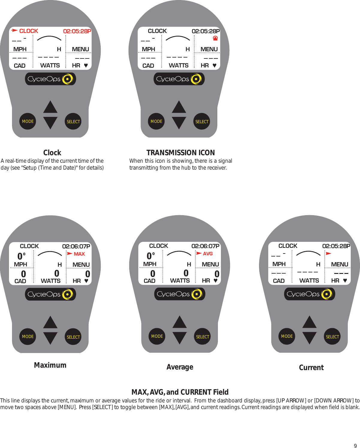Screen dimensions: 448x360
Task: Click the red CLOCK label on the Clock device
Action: coord(28,31)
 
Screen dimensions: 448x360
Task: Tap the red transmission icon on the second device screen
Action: coord(215,38)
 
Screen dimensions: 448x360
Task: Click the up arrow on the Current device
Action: coord(309,322)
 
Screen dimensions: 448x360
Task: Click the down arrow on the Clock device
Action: coord(50,123)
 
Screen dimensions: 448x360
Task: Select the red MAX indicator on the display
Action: coord(79,254)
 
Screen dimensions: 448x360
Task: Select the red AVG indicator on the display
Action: coord(207,254)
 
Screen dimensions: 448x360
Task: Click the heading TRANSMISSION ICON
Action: coord(180,153)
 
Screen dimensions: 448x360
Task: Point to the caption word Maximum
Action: coord(50,365)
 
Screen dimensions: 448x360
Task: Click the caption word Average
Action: coord(180,367)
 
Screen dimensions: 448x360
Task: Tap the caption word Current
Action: coord(311,367)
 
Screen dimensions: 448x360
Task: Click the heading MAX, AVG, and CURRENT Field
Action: coord(180,392)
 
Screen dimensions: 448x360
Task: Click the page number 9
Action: coord(355,446)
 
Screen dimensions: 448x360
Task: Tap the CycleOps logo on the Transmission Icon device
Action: coord(179,79)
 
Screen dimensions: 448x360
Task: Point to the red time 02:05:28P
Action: coord(77,31)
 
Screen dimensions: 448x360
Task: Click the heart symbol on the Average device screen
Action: coord(215,281)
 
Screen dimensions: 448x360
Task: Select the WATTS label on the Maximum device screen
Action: coord(51,281)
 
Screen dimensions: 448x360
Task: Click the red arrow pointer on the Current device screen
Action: coord(329,254)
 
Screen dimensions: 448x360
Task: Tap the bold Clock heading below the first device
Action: coord(52,153)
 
